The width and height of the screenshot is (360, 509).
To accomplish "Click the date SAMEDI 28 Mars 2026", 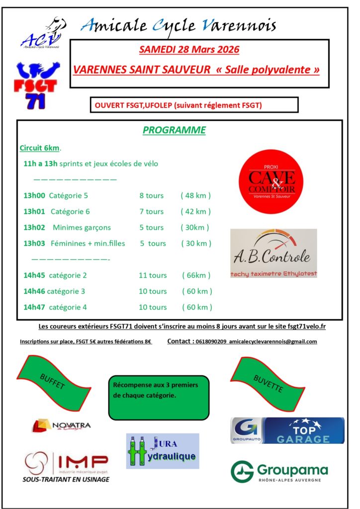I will (x=189, y=50).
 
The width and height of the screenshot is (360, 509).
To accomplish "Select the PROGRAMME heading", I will (x=174, y=130).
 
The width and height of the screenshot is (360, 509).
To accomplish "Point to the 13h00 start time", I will (x=34, y=195).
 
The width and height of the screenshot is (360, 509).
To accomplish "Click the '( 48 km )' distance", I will (x=196, y=195).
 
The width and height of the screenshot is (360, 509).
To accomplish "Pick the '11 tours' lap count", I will (x=153, y=275).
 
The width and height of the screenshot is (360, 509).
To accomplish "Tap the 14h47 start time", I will (x=34, y=307).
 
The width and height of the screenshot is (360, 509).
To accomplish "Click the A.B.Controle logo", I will (x=273, y=253).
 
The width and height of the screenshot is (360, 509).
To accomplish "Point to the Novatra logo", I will (x=62, y=425).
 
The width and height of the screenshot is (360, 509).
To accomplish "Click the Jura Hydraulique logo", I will (x=163, y=451).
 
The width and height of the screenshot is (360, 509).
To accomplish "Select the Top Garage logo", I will (x=287, y=430).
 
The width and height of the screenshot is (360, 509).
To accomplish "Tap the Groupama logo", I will (x=279, y=472).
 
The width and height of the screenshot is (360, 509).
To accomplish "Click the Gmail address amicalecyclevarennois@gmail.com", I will (x=273, y=341).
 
